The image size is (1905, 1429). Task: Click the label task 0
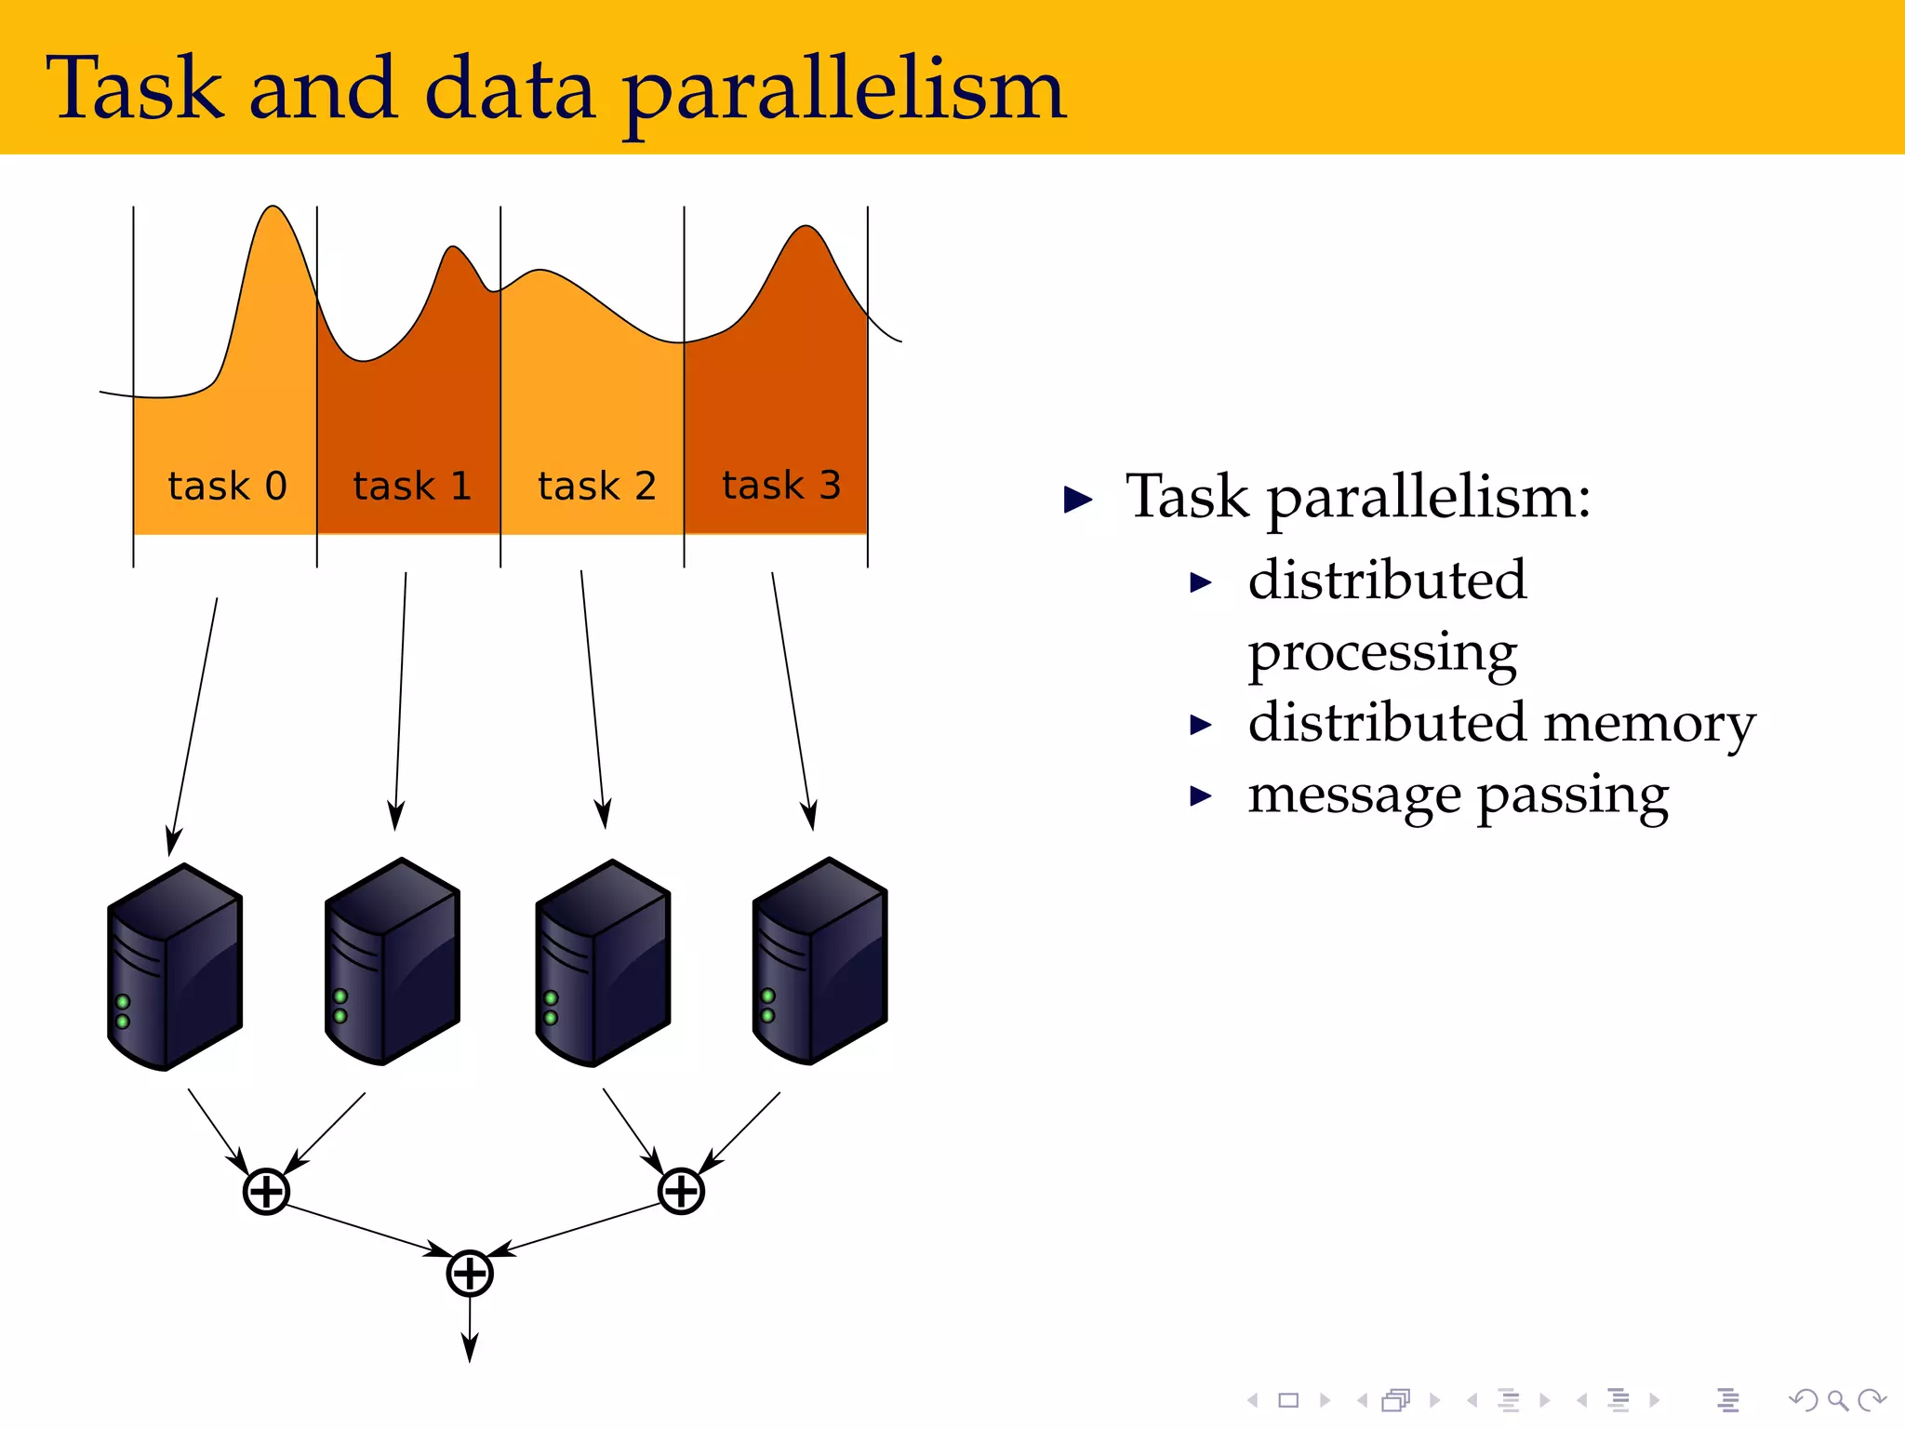pos(227,487)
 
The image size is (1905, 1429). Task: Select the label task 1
pos(412,487)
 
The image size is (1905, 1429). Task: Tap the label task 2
pos(596,487)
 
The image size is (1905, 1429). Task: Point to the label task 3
pos(781,486)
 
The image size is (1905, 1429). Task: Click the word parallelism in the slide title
pos(844,91)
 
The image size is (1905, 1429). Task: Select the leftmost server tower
pos(175,968)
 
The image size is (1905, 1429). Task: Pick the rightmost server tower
pos(819,962)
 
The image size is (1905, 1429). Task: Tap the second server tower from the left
pos(392,962)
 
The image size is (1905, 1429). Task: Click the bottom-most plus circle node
pos(470,1274)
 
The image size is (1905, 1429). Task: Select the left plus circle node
pos(266,1191)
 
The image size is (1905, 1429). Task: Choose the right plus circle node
pos(681,1191)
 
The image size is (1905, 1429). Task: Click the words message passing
pos(1458,796)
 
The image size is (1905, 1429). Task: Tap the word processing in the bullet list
pos(1382,653)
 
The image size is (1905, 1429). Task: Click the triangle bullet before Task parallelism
pos(1078,500)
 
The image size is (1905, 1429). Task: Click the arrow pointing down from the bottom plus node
pos(470,1330)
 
